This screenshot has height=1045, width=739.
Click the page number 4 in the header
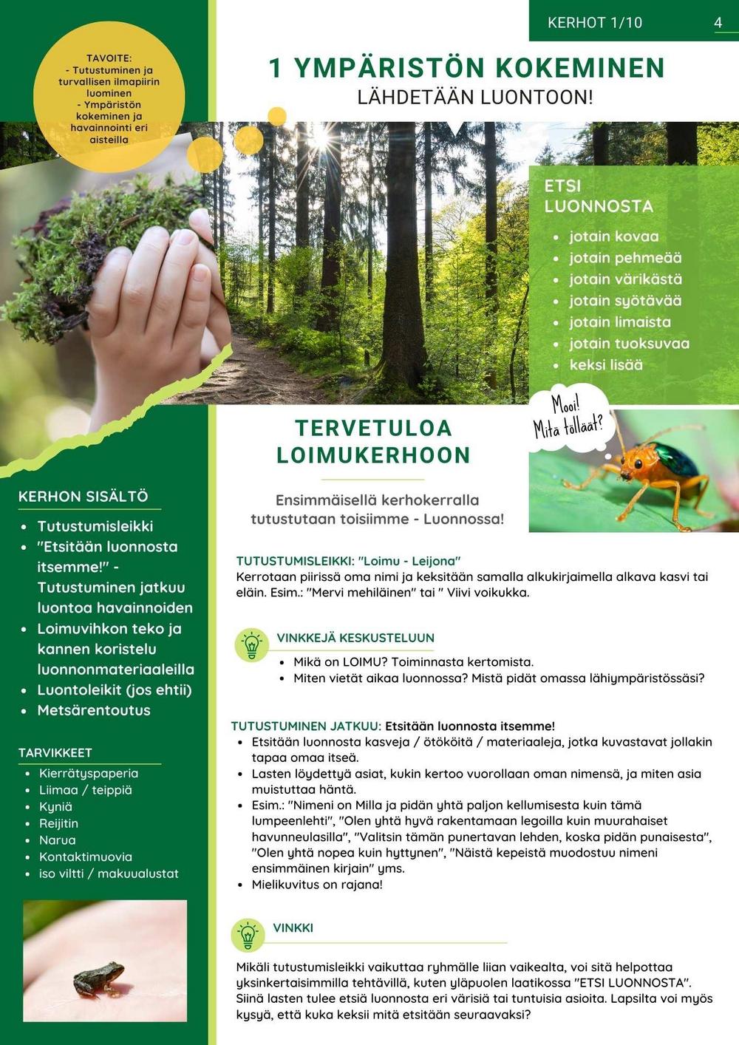[718, 22]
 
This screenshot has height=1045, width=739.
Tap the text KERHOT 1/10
[595, 23]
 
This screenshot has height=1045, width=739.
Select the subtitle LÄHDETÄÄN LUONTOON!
[475, 98]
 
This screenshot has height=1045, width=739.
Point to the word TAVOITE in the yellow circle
[109, 58]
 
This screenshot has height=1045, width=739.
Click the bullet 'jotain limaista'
[620, 322]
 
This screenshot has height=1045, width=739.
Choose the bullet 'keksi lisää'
[606, 365]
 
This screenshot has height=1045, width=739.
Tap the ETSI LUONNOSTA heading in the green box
[599, 196]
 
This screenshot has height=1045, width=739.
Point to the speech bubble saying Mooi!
[568, 417]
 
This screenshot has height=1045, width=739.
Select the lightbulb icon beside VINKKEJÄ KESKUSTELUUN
[251, 644]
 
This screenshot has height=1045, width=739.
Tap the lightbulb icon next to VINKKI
[248, 935]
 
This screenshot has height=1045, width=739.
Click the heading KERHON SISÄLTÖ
[84, 497]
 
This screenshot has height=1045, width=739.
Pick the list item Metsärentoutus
[94, 710]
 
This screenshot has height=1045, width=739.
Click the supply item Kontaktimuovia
[86, 857]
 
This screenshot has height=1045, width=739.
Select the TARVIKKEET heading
[55, 752]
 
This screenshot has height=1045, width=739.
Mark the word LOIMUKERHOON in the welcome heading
[373, 455]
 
